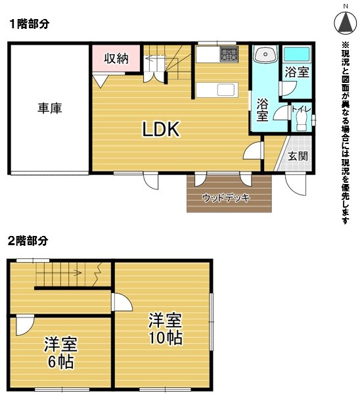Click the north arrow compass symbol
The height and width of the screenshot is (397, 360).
pos(346,22)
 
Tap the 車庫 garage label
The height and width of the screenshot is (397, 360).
pos(50,108)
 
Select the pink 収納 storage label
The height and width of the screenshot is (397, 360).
pos(116,58)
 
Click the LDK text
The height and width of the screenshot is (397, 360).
pos(161,129)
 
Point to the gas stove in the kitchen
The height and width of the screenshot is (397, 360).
pos(229,54)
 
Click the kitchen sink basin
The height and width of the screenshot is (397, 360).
pos(226,90)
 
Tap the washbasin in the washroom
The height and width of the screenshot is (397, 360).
pos(265,54)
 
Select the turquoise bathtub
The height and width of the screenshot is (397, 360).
pos(297,54)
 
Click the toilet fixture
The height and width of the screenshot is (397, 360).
pos(301,122)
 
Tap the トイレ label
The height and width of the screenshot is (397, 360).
pos(301,109)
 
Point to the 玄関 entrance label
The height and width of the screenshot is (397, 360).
pos(298,156)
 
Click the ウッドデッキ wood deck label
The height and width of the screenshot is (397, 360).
pos(226,197)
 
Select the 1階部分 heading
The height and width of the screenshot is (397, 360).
pos(30,24)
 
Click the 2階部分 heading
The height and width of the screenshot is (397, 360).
pos(28,241)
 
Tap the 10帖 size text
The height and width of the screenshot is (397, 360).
pos(166,337)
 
